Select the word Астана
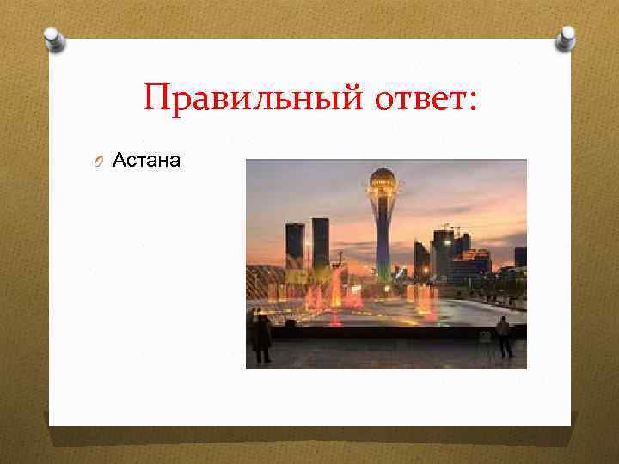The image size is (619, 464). (147, 159)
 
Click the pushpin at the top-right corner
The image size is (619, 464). (566, 37)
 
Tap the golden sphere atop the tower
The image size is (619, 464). (383, 180)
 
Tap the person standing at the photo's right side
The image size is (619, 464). (504, 335)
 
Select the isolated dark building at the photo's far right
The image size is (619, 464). (520, 256)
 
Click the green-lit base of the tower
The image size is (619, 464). (383, 273)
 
